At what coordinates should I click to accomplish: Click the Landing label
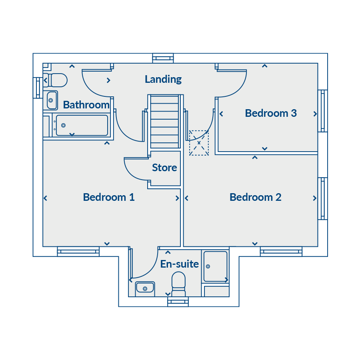point(163,80)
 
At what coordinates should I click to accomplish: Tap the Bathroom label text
point(86,105)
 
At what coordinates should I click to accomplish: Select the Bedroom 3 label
point(271,113)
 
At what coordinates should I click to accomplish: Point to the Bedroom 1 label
point(109,197)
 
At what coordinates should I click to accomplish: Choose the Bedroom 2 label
point(256,197)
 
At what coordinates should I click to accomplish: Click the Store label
point(164,168)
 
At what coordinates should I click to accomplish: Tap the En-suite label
point(180,264)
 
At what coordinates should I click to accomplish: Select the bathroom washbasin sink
point(52,100)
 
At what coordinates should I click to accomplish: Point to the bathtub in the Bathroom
point(82,125)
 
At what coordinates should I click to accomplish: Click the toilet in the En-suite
point(179,284)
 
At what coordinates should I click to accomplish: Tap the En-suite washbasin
point(145,288)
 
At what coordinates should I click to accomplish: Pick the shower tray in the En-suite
point(216,266)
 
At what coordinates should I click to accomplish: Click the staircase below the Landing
point(165,122)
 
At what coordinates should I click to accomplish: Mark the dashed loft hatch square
point(199,143)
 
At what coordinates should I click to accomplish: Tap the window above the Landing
point(163,58)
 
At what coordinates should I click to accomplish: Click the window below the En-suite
point(178,302)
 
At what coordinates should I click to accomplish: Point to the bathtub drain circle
point(63,125)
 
